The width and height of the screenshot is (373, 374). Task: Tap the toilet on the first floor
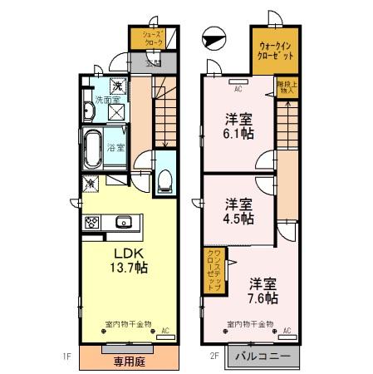(164, 179)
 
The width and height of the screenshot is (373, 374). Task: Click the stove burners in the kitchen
(91, 222)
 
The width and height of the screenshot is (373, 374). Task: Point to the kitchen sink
(124, 221)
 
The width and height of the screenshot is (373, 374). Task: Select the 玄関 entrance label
(153, 62)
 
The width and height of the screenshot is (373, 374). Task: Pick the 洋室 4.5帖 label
(238, 211)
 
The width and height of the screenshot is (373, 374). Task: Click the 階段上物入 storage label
(285, 86)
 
